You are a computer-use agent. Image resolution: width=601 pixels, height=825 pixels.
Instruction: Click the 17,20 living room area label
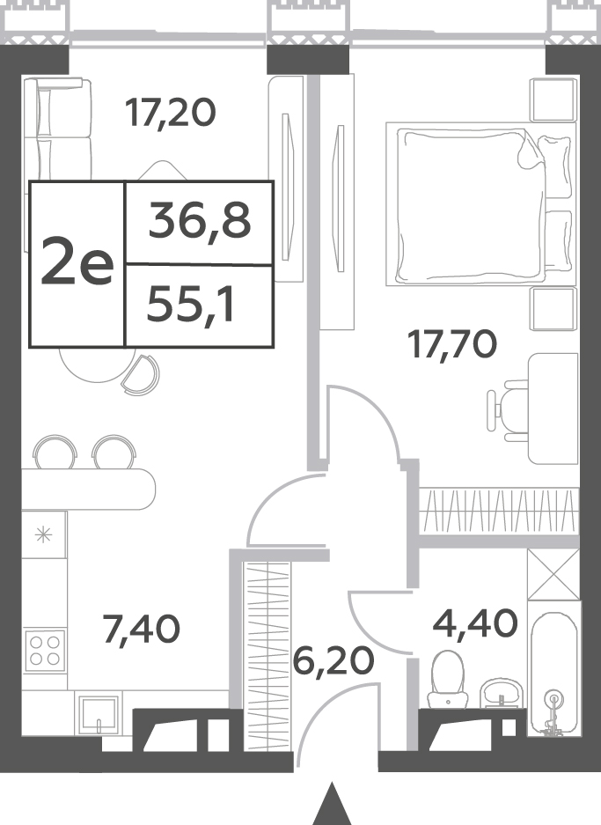click(x=171, y=113)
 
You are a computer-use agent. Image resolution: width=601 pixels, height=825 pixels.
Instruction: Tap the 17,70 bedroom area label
click(x=452, y=346)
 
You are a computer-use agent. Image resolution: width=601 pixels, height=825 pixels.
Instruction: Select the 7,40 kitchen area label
click(x=142, y=630)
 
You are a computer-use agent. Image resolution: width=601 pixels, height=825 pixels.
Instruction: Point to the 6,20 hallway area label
click(x=333, y=661)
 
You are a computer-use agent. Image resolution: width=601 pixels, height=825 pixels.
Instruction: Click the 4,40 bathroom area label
click(x=475, y=624)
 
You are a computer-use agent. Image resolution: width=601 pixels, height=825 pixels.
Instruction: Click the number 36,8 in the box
click(x=200, y=221)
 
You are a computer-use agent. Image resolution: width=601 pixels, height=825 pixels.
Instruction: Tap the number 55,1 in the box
click(x=190, y=306)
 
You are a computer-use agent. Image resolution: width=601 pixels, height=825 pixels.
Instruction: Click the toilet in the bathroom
click(x=448, y=679)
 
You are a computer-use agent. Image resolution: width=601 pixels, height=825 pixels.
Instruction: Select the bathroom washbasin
click(x=501, y=692)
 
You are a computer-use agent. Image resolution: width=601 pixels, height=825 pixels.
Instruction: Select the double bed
click(x=480, y=204)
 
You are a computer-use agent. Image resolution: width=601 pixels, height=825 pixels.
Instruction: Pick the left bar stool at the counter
click(x=55, y=452)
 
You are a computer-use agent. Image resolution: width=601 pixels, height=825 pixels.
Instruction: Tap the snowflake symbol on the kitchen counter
click(x=44, y=535)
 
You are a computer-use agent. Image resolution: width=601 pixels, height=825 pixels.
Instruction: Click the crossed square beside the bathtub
click(x=553, y=575)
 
